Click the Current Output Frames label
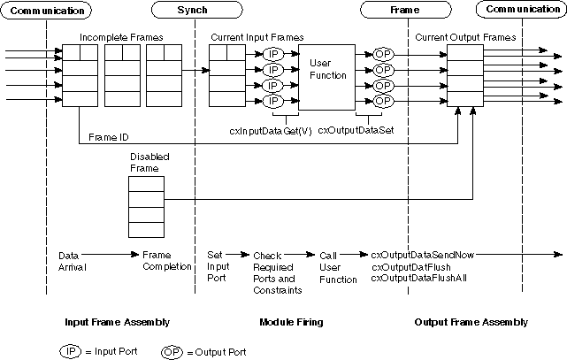pyautogui.click(x=465, y=38)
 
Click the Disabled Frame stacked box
pyautogui.click(x=146, y=203)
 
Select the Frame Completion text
pyautogui.click(x=167, y=261)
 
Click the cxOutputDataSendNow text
pyautogui.click(x=423, y=255)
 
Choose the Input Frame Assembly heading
pyautogui.click(x=117, y=322)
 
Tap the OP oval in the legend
pyautogui.click(x=173, y=350)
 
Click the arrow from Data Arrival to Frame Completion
pyautogui.click(x=116, y=255)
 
